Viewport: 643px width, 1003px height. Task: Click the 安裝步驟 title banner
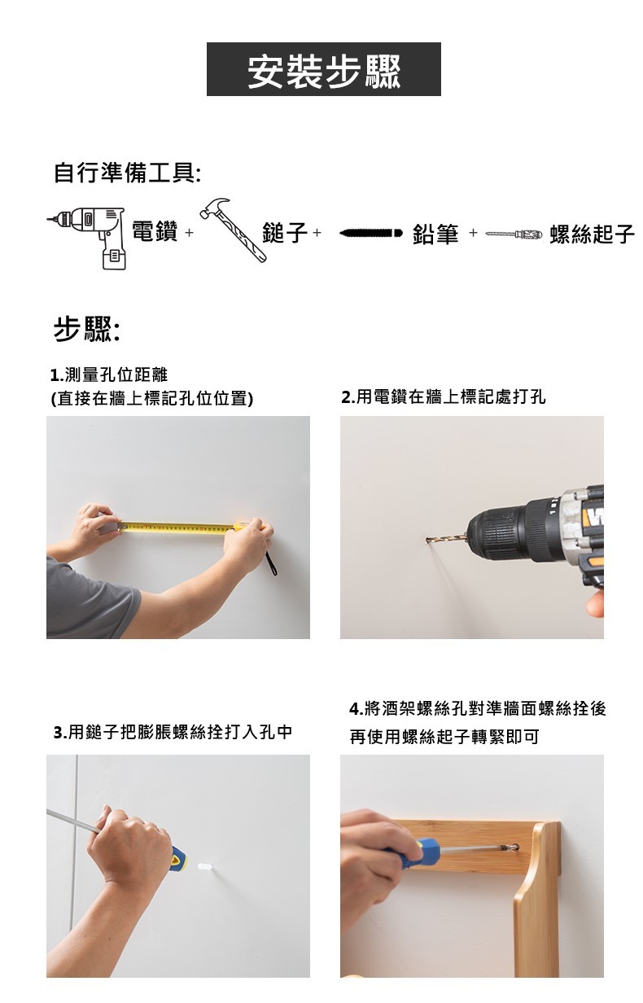point(323,69)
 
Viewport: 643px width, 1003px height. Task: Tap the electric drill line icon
point(86,238)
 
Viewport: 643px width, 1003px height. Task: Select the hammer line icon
point(232,230)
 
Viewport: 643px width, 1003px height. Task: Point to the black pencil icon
point(371,233)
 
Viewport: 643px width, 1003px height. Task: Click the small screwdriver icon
point(514,234)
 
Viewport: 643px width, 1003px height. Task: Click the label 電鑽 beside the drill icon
point(155,231)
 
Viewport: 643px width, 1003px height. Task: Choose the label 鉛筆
point(435,234)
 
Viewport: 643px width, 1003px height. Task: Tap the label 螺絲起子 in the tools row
point(593,234)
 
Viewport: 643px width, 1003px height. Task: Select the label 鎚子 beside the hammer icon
point(285,233)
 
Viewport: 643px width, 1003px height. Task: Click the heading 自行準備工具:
point(127,173)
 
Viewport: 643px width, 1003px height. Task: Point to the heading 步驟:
point(86,329)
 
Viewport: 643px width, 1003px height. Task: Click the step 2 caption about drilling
point(444,396)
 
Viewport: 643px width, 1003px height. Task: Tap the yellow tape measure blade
point(177,528)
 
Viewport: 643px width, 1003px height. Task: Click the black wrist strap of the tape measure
point(271,563)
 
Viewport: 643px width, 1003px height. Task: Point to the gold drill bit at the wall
point(445,539)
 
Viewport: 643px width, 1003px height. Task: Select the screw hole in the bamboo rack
point(514,848)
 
